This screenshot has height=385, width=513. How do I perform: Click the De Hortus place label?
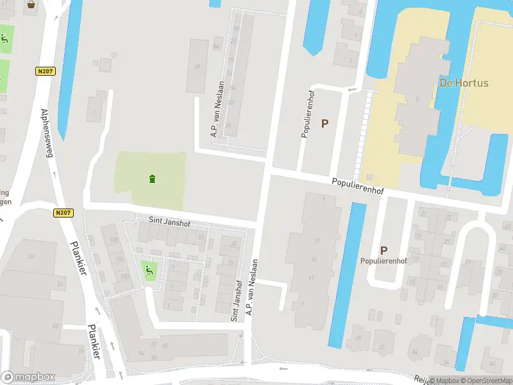[464, 83]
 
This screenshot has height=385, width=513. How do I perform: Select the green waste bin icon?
[151, 178]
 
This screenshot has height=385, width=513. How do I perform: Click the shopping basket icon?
[31, 4]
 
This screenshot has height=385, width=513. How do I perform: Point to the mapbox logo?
[28, 377]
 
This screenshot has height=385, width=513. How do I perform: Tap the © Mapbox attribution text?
[445, 381]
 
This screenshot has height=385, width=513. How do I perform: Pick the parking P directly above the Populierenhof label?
[383, 250]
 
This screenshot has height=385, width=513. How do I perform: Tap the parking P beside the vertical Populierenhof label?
[324, 124]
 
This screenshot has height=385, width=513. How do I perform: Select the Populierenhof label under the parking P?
[383, 261]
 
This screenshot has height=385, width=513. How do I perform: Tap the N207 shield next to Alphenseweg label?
[44, 73]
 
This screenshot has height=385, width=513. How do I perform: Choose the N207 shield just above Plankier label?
[63, 213]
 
